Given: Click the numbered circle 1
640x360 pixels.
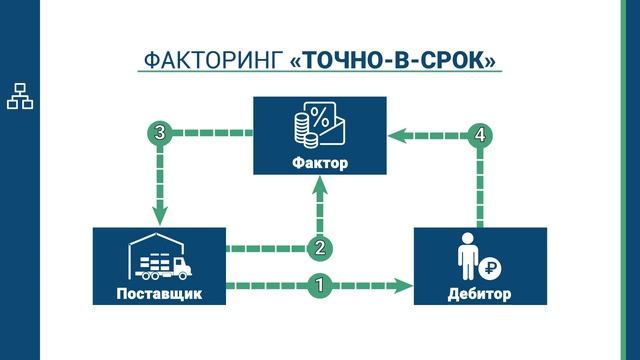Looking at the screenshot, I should tap(319, 285).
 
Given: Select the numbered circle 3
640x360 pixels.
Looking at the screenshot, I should tap(157, 132).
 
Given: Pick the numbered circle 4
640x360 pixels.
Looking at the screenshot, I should tap(482, 133).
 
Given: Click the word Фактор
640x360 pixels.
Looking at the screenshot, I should tap(320, 163).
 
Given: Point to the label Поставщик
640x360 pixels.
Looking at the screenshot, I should tap(160, 294).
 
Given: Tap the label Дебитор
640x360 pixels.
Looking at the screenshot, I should tap(480, 294).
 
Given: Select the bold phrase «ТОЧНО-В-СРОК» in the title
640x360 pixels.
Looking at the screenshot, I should tap(393, 61).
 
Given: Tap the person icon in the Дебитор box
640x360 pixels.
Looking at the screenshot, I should tap(467, 258).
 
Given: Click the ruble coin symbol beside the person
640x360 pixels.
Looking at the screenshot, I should tap(492, 267).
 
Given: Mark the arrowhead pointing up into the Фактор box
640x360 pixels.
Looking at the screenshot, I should tap(320, 187).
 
